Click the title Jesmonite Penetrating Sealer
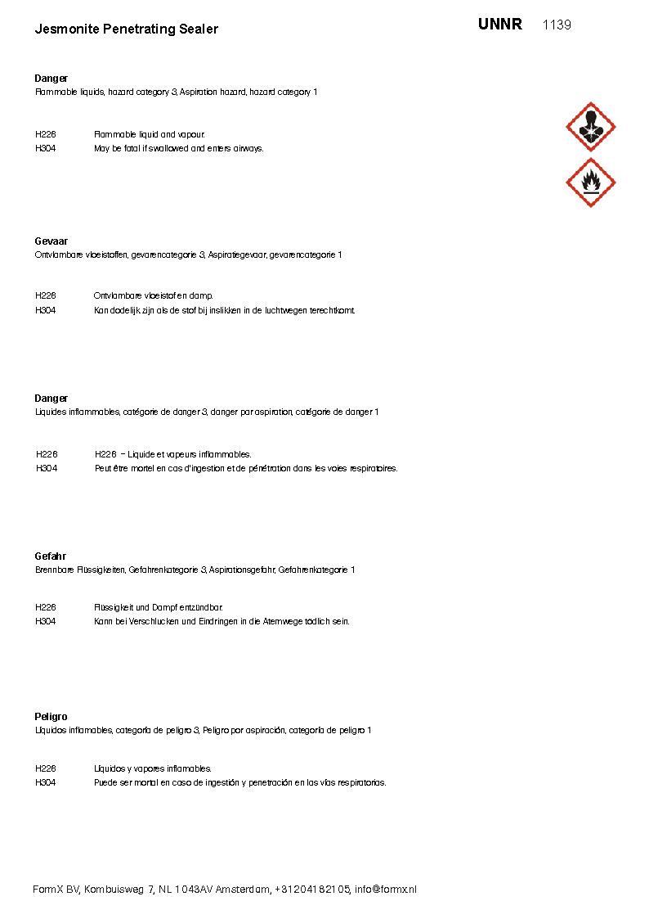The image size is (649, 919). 126,29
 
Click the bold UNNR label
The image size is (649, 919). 499,25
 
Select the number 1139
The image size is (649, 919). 557,25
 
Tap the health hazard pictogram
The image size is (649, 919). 590,127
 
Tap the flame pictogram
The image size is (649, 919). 590,182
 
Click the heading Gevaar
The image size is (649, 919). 51,241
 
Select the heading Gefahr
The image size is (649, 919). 50,556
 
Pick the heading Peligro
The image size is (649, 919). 51,717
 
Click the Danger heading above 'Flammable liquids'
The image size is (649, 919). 51,79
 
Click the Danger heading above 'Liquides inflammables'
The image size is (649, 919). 51,399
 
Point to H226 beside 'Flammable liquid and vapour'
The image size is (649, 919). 46,134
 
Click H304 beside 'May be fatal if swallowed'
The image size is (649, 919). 46,149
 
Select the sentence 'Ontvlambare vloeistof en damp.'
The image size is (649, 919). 153,295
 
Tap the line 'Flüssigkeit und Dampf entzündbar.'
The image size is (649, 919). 159,607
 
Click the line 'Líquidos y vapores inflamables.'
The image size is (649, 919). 153,768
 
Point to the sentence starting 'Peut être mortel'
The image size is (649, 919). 246,469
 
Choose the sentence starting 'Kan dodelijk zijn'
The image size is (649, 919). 225,310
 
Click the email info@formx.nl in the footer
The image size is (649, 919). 385,890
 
